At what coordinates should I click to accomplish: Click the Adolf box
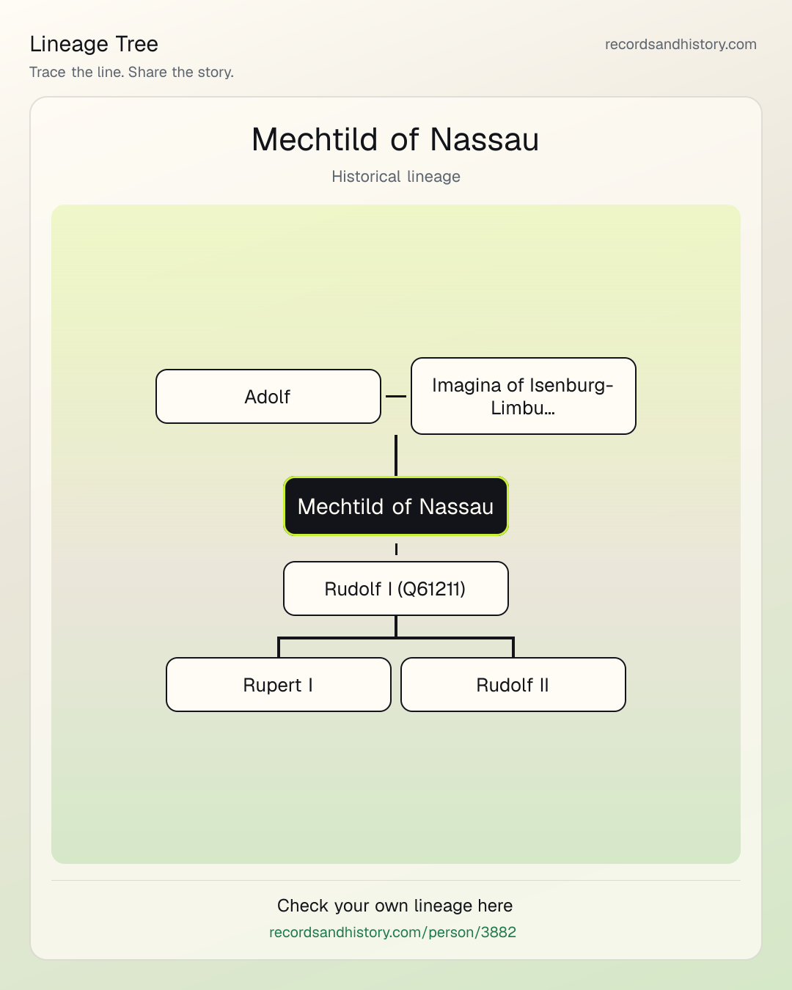268,396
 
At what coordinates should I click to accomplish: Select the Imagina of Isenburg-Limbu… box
524,396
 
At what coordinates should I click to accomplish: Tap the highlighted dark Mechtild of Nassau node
396,506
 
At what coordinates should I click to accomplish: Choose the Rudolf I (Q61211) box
396,588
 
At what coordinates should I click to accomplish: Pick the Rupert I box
279,684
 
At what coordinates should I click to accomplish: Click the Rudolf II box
513,684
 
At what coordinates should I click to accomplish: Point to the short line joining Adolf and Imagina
396,396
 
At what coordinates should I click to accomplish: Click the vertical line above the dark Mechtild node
396,455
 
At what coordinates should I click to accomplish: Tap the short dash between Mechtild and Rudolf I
396,549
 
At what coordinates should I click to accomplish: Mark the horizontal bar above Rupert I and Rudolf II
396,638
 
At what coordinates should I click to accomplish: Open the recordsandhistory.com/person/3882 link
392,932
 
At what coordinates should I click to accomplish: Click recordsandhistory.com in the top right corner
681,44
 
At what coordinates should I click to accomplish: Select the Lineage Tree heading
94,44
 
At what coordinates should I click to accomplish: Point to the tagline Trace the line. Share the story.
131,72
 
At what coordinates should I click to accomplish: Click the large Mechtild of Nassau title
395,139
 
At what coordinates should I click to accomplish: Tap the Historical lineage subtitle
396,177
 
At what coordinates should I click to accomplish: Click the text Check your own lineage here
395,906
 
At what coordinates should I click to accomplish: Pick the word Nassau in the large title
484,139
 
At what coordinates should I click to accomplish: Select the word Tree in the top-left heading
136,44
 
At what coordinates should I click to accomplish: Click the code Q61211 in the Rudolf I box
431,589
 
